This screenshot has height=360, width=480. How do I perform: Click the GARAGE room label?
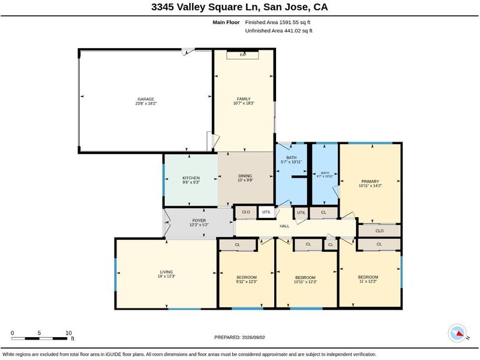[x=146, y=99]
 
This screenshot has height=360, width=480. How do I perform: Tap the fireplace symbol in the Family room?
[x=242, y=55]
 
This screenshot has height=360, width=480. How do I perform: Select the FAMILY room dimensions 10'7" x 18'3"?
[x=244, y=103]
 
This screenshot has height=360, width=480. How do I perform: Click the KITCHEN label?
[x=191, y=178]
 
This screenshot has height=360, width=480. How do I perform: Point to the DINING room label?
[x=245, y=176]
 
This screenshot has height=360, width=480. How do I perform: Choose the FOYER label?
[x=199, y=220]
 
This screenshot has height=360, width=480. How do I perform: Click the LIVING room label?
[x=167, y=272]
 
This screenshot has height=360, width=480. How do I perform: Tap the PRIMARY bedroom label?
[x=370, y=181]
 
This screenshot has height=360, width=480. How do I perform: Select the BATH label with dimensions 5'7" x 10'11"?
[x=292, y=158]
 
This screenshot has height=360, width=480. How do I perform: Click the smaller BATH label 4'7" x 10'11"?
[x=325, y=173]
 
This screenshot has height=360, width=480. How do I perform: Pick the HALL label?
[x=284, y=226]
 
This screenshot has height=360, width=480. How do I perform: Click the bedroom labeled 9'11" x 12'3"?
[x=247, y=280]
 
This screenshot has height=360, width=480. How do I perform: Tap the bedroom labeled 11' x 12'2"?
[x=368, y=279]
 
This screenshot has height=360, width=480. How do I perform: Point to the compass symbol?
[x=458, y=334]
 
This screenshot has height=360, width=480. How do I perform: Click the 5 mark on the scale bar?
[x=39, y=333]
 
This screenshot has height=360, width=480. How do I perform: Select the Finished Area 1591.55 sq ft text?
[x=278, y=22]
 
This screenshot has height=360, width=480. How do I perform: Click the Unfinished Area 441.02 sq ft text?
[x=278, y=31]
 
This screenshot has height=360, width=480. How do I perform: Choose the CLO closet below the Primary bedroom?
[x=379, y=231]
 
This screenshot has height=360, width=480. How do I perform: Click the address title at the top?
[x=239, y=7]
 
